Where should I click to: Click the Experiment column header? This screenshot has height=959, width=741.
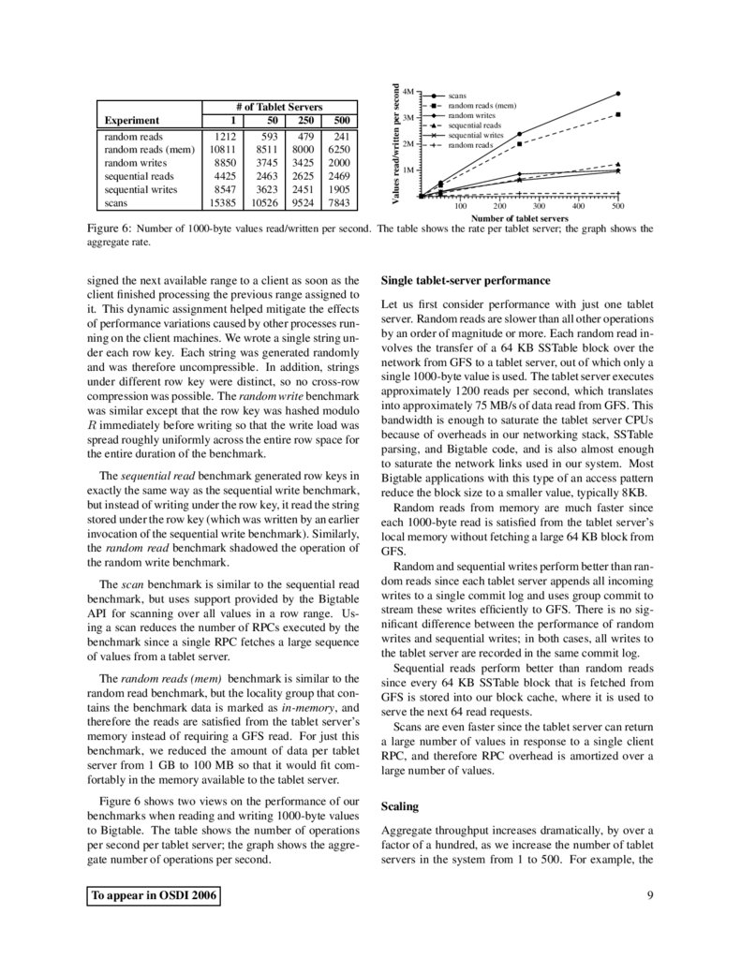tap(132, 120)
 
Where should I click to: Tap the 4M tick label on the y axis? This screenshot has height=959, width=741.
tap(408, 92)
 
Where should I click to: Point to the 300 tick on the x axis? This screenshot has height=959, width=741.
tap(540, 205)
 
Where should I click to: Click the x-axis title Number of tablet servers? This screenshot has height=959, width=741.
tap(520, 218)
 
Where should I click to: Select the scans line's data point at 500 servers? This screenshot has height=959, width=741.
tap(618, 93)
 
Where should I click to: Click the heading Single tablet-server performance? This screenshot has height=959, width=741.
tap(466, 281)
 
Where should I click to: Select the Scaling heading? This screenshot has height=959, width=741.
tap(400, 805)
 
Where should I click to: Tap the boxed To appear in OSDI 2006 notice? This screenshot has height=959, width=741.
tap(155, 896)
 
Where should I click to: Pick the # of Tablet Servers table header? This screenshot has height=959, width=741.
tap(277, 106)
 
